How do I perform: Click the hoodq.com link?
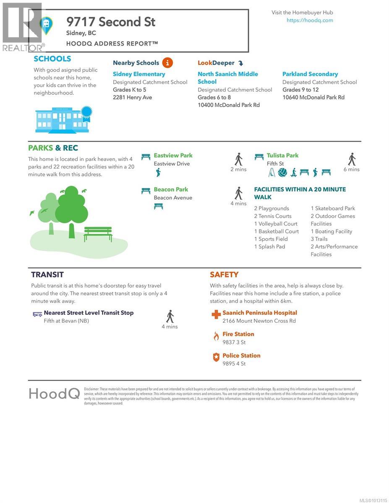[310, 20]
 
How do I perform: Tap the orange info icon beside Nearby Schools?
[167, 63]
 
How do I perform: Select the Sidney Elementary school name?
[139, 74]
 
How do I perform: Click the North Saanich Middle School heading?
[228, 78]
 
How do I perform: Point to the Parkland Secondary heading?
[310, 74]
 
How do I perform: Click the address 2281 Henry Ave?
[132, 97]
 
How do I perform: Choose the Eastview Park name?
[173, 156]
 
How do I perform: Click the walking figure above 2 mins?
[238, 159]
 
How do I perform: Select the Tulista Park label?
[282, 156]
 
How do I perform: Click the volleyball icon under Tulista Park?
[282, 172]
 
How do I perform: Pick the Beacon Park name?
[171, 189]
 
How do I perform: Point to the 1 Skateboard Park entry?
[333, 208]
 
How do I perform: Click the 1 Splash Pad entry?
[269, 246]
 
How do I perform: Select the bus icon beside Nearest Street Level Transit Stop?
[37, 314]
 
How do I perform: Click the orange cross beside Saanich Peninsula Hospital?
[216, 314]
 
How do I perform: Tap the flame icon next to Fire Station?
[216, 336]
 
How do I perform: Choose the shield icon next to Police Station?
[216, 357]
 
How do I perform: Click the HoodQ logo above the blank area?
[54, 394]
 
